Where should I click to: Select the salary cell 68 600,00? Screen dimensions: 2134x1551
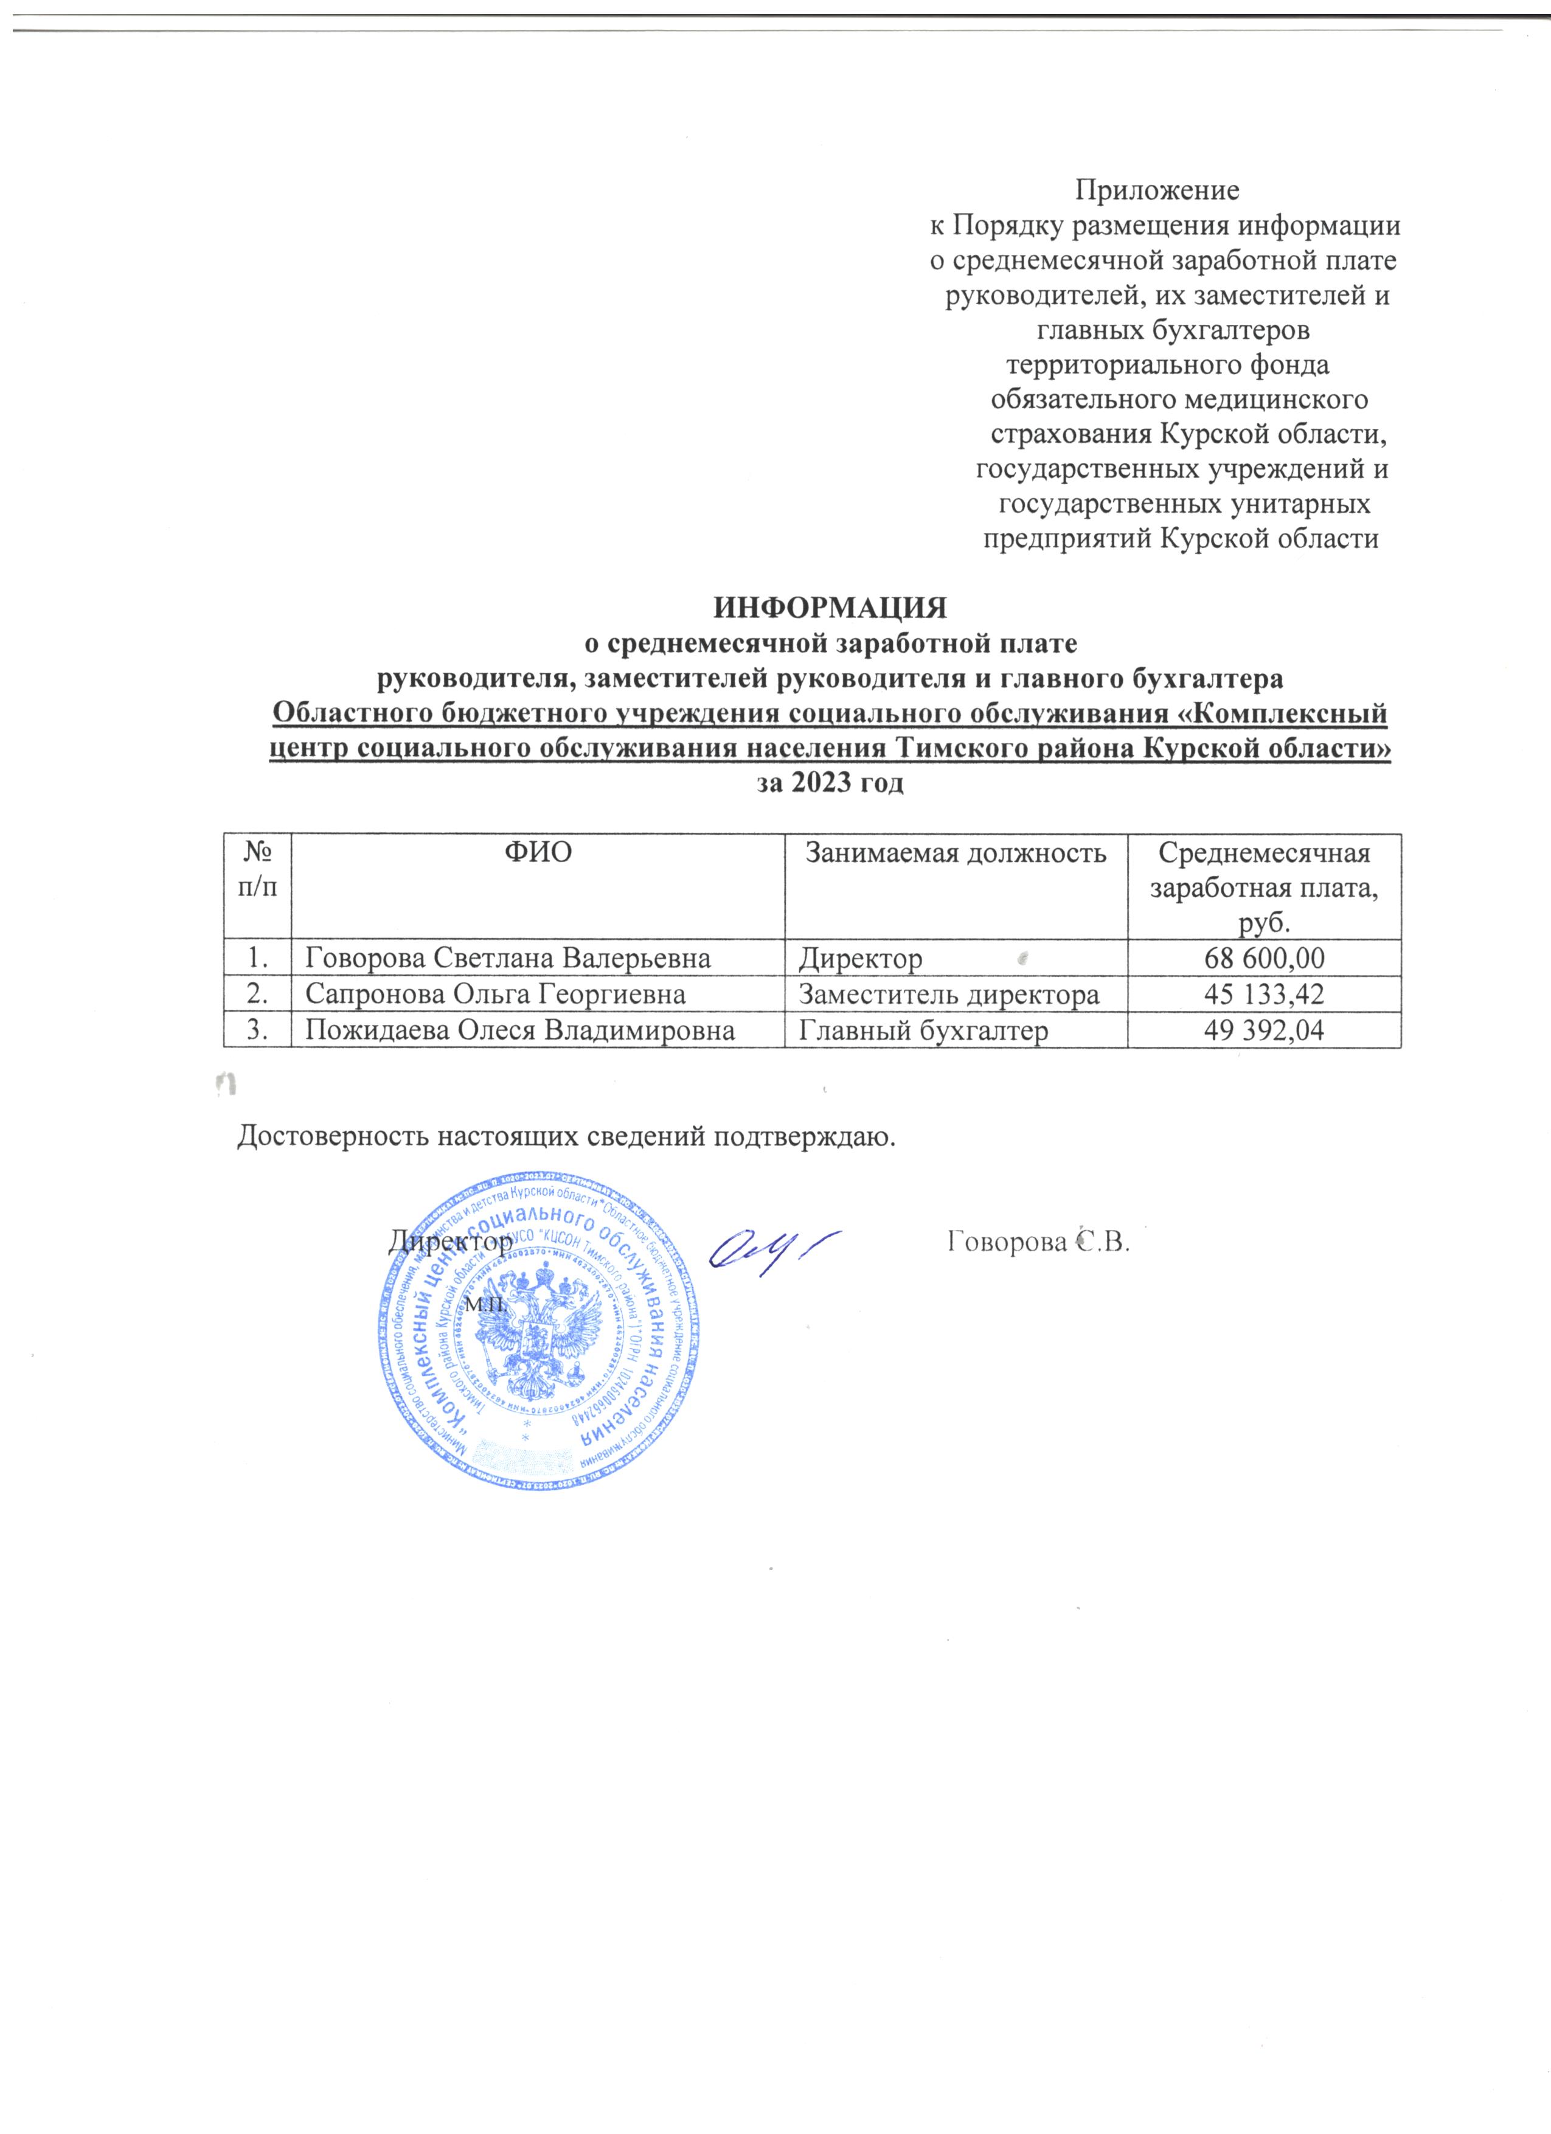tap(1264, 959)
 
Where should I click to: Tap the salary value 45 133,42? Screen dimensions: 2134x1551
tap(1264, 995)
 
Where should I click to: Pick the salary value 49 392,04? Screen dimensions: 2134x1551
tap(1264, 1031)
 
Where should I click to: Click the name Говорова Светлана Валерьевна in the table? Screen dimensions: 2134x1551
tap(508, 959)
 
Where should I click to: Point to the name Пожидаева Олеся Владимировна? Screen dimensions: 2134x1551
tap(520, 1031)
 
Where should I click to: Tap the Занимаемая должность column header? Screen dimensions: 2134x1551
tap(955, 853)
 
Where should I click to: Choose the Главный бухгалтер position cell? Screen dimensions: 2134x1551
tap(923, 1031)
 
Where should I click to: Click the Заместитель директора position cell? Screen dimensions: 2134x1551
tap(949, 995)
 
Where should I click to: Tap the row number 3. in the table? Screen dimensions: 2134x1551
tap(257, 1031)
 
